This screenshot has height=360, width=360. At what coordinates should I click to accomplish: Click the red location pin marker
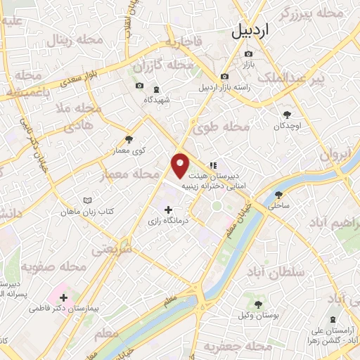181,165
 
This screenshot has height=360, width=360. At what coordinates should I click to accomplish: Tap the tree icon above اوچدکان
287,115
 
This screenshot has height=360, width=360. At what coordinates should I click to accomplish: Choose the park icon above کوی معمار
129,139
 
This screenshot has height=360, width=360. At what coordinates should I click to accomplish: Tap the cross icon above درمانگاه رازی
167,210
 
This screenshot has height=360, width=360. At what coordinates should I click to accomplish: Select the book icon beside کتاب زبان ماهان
87,200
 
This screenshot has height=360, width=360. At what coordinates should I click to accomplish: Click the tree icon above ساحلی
279,195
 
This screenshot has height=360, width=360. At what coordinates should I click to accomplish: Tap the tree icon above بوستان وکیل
259,304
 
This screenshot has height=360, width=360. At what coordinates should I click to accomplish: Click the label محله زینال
75,41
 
